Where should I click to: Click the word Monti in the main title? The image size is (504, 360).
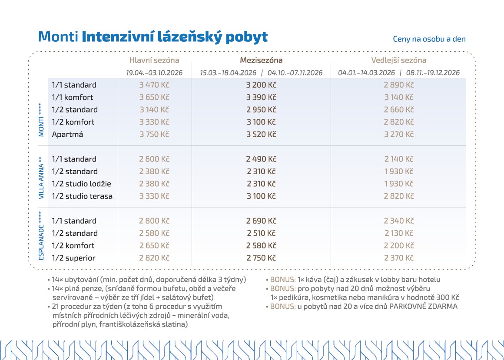point(58,37)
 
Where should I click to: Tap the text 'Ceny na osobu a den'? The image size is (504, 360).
point(429,39)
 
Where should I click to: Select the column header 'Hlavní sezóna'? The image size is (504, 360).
point(154,60)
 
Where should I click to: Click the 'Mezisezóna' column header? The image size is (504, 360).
point(261,60)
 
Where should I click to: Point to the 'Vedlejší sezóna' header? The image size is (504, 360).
point(398,60)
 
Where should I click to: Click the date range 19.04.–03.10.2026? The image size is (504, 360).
point(154,73)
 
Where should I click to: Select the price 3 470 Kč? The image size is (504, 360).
point(154,85)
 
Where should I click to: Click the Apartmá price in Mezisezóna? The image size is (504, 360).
point(261,135)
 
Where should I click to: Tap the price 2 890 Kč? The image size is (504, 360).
point(398,85)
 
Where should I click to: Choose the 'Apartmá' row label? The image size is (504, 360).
point(67,135)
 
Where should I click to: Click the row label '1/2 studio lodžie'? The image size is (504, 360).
point(81,184)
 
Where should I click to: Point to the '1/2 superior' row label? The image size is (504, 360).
point(73,258)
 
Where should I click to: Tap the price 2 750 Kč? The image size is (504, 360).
point(261,258)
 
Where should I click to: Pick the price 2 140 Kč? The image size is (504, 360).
point(398,159)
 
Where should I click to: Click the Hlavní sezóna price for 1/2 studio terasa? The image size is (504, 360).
point(154,196)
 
